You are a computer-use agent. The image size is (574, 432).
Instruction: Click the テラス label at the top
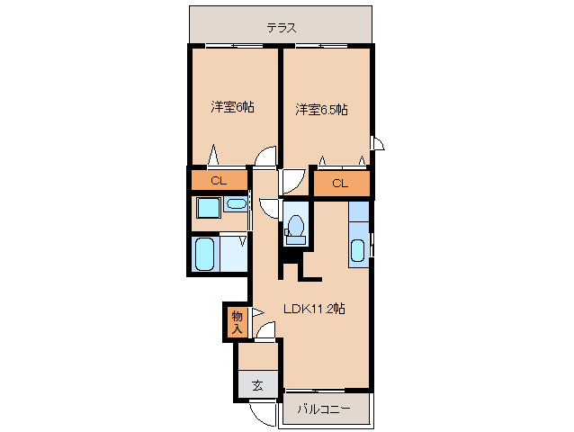[x=282, y=27]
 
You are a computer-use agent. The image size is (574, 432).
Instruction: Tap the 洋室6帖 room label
[x=232, y=107]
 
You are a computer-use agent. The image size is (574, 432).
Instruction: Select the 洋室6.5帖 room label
[x=322, y=110]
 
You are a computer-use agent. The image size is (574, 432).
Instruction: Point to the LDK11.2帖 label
[x=314, y=308]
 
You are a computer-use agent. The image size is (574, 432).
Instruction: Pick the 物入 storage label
[x=237, y=321]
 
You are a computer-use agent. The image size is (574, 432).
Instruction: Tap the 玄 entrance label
[x=257, y=385]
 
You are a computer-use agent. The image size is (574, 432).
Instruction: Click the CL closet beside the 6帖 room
[x=218, y=181]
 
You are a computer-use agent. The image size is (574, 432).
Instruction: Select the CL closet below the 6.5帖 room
[x=339, y=184]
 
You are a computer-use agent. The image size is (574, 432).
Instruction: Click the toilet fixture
[x=295, y=229]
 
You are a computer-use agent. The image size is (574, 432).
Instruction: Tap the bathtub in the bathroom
[x=204, y=254]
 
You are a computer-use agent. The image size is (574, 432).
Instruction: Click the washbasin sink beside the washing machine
[x=236, y=205]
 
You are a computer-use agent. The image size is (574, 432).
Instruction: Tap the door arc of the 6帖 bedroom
[x=265, y=158]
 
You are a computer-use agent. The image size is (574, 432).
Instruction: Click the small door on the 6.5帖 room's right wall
[x=378, y=143]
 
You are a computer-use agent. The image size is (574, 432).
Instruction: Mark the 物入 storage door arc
[x=258, y=314]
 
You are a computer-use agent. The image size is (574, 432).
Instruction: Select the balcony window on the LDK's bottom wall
[x=326, y=391]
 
